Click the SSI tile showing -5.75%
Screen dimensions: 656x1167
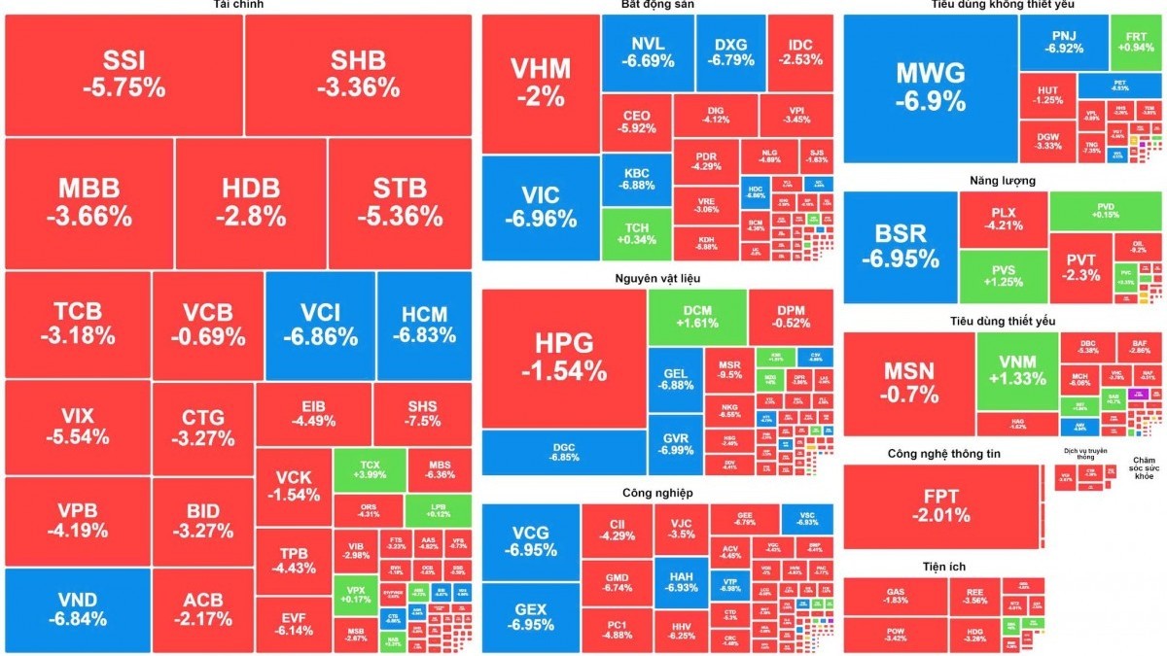coord(124,74)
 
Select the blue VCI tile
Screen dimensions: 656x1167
coord(320,325)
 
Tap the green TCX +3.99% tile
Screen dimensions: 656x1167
coord(370,470)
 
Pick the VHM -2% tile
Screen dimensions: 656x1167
coord(541,83)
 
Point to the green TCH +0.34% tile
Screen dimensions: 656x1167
coord(636,233)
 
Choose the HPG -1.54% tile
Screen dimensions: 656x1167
coord(563,357)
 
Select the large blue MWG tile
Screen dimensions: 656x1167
coord(931,87)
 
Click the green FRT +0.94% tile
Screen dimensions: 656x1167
coord(1136,42)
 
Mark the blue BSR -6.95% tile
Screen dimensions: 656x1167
coord(901,247)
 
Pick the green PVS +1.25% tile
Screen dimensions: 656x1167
coord(1003,276)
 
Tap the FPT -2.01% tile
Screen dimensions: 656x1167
coord(940,505)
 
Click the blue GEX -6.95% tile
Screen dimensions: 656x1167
coord(531,616)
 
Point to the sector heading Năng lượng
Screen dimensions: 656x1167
coord(1003,180)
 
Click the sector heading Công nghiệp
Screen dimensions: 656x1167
coord(657,492)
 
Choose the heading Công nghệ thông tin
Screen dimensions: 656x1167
coord(943,453)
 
